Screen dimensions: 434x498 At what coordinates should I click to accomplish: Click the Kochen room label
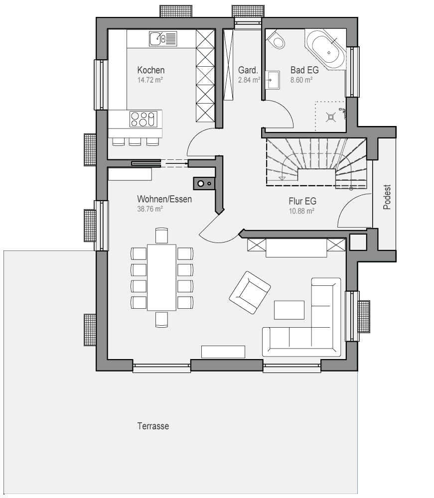[151, 70]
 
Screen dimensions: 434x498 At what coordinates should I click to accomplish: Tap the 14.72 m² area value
[150, 80]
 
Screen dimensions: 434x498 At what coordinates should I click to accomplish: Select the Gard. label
[248, 70]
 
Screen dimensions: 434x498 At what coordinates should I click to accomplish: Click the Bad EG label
[304, 70]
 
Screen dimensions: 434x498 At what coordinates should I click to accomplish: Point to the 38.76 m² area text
[150, 209]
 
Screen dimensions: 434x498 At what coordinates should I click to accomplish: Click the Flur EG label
[302, 201]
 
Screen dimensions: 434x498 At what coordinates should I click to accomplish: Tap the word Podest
[387, 197]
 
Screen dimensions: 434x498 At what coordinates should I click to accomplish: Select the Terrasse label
[153, 426]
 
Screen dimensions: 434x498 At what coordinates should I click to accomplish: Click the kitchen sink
[162, 39]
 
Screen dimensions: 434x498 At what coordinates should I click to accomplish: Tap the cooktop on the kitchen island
[144, 119]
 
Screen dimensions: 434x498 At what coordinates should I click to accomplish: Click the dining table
[162, 277]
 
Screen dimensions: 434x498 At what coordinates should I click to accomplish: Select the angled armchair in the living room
[250, 292]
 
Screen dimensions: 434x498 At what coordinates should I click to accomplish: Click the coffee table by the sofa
[289, 310]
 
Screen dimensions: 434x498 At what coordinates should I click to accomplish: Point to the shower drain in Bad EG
[331, 117]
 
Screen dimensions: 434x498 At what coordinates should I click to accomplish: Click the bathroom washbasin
[272, 80]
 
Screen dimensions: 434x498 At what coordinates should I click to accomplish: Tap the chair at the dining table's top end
[162, 236]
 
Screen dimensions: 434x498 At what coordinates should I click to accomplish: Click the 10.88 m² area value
[301, 211]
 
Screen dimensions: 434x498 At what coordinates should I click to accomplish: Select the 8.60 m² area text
[301, 80]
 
